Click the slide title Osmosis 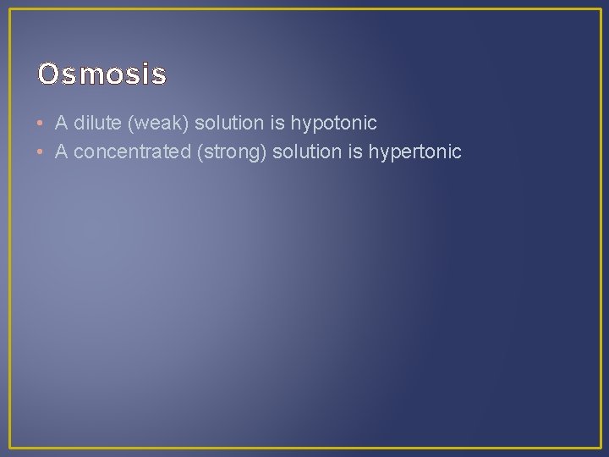click(102, 75)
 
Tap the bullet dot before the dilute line click(41, 124)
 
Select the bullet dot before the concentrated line click(41, 152)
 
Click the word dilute click(96, 124)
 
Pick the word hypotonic click(334, 124)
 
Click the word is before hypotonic click(277, 124)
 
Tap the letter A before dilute click(61, 124)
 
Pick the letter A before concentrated click(61, 152)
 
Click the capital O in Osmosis click(47, 75)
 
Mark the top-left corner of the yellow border click(9, 9)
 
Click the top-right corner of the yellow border click(600, 9)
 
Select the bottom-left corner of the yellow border click(9, 448)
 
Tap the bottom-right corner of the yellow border click(600, 448)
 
